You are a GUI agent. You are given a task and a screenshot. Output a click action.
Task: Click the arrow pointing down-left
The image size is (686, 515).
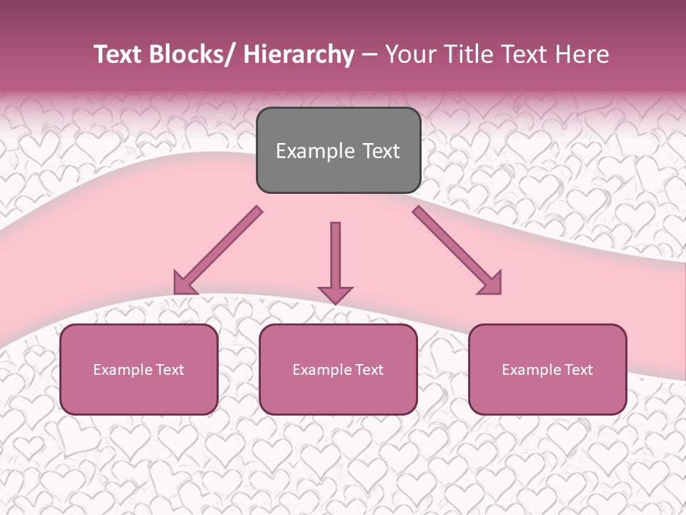(218, 250)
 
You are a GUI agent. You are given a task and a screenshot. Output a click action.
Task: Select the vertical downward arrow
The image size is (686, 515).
(335, 257)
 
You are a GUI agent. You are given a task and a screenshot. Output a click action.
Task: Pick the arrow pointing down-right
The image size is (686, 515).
(457, 250)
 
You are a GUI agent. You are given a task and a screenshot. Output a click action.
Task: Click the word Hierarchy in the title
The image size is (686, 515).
(299, 54)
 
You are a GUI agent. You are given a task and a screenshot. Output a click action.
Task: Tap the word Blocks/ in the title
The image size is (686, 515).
(192, 54)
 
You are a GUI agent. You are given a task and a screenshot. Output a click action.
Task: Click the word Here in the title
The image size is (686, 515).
(582, 54)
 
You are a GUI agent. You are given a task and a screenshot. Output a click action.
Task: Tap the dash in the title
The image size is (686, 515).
(369, 55)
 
